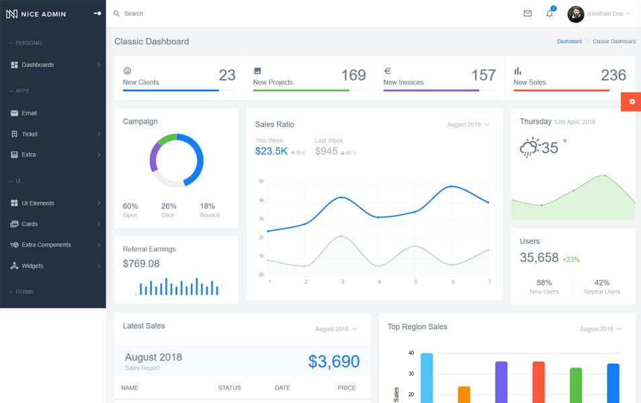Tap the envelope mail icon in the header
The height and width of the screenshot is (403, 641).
(x=527, y=13)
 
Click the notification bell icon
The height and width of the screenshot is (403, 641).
(x=549, y=13)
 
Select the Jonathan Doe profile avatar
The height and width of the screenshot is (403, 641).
(x=576, y=14)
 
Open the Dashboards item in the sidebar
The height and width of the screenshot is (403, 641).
(x=38, y=65)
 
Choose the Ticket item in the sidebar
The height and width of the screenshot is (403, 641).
(x=30, y=134)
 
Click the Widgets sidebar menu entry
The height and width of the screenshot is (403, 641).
(x=32, y=266)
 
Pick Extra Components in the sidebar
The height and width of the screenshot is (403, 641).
(x=46, y=245)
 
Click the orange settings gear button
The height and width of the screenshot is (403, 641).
(x=631, y=101)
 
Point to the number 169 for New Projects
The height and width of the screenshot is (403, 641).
(x=353, y=75)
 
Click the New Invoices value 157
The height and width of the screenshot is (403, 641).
(x=483, y=75)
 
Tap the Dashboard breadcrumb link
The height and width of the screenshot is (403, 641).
(x=569, y=42)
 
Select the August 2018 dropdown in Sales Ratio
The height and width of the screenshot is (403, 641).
(x=468, y=125)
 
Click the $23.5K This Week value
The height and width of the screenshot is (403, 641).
(x=271, y=151)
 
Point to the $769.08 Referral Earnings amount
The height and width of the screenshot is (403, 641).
(x=141, y=264)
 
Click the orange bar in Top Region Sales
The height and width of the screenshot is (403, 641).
(x=464, y=394)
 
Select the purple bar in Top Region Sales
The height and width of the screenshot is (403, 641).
(x=501, y=382)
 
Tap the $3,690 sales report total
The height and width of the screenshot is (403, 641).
(x=334, y=361)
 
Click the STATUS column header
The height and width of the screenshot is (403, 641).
(x=229, y=388)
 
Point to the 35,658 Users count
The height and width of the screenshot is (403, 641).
(x=539, y=257)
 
